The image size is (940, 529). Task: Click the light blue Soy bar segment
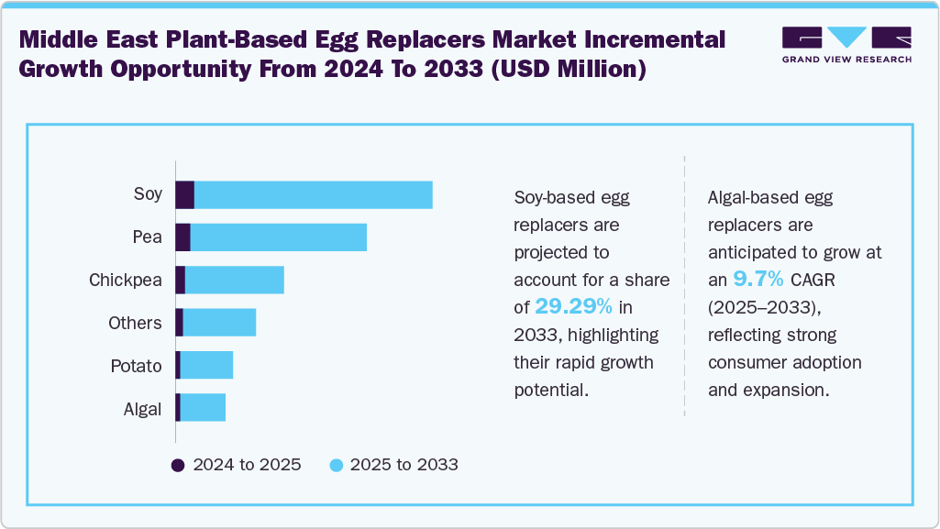(x=313, y=195)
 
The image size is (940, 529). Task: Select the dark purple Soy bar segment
(x=184, y=195)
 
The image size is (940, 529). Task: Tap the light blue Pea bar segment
(x=278, y=237)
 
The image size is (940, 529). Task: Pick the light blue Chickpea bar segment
(x=234, y=281)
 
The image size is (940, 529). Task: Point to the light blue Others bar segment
(x=219, y=323)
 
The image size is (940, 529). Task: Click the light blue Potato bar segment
(x=206, y=366)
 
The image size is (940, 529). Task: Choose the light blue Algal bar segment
(x=202, y=408)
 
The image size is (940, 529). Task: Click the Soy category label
(x=148, y=193)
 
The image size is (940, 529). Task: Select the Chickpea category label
(x=126, y=280)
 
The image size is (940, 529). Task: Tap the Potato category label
(x=136, y=366)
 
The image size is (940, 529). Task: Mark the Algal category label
(x=142, y=409)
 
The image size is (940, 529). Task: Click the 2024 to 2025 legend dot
(x=179, y=465)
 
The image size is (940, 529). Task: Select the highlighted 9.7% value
(x=758, y=279)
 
